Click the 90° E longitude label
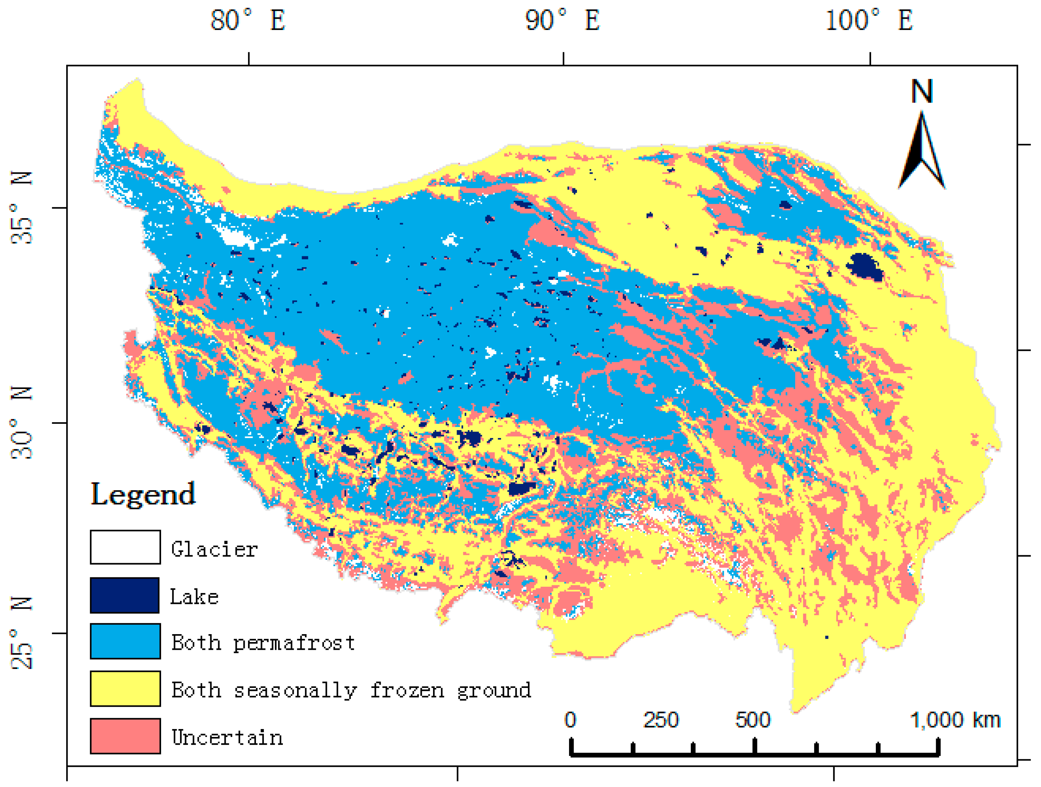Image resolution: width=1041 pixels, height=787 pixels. (562, 21)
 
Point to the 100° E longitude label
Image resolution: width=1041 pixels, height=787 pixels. (869, 21)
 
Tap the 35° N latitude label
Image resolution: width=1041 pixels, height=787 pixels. (22, 207)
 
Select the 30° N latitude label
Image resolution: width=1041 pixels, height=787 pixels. (22, 422)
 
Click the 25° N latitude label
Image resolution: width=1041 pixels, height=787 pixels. (22, 633)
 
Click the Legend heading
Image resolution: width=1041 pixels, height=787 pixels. (143, 495)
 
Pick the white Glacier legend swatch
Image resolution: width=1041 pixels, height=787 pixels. (125, 547)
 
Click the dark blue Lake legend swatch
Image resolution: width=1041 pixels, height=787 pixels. (125, 595)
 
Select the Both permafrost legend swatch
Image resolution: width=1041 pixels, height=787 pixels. (125, 642)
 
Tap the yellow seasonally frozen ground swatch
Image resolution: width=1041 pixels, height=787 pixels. (125, 689)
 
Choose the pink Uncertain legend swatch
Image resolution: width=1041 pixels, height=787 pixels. (125, 736)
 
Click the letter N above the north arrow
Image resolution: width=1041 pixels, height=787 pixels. (921, 91)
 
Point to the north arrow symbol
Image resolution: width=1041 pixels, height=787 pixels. (921, 151)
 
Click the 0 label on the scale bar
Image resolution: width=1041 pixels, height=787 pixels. (570, 720)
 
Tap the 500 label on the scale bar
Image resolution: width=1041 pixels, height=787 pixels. (753, 720)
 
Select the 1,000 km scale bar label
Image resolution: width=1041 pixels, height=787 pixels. (955, 720)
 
